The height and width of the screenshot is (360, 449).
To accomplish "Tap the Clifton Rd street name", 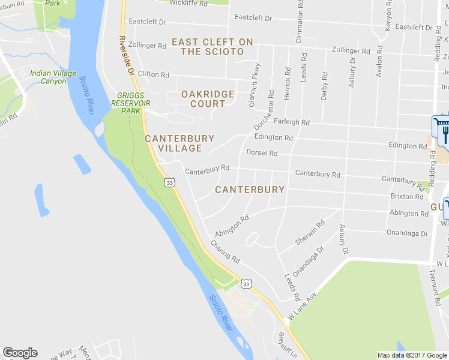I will [153, 74].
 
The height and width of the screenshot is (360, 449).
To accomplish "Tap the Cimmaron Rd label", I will [299, 23].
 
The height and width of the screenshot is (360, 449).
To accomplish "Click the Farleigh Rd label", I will [291, 122].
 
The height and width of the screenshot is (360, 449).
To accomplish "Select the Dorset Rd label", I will [262, 153].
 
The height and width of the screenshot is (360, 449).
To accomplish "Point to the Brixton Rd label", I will [406, 196].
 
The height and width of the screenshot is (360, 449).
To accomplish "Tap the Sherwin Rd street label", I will [310, 232].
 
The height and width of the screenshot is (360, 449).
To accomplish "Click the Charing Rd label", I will [225, 252].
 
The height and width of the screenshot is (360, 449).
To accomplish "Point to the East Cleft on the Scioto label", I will [212, 47].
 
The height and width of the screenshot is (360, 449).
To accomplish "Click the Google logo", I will [20, 353].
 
